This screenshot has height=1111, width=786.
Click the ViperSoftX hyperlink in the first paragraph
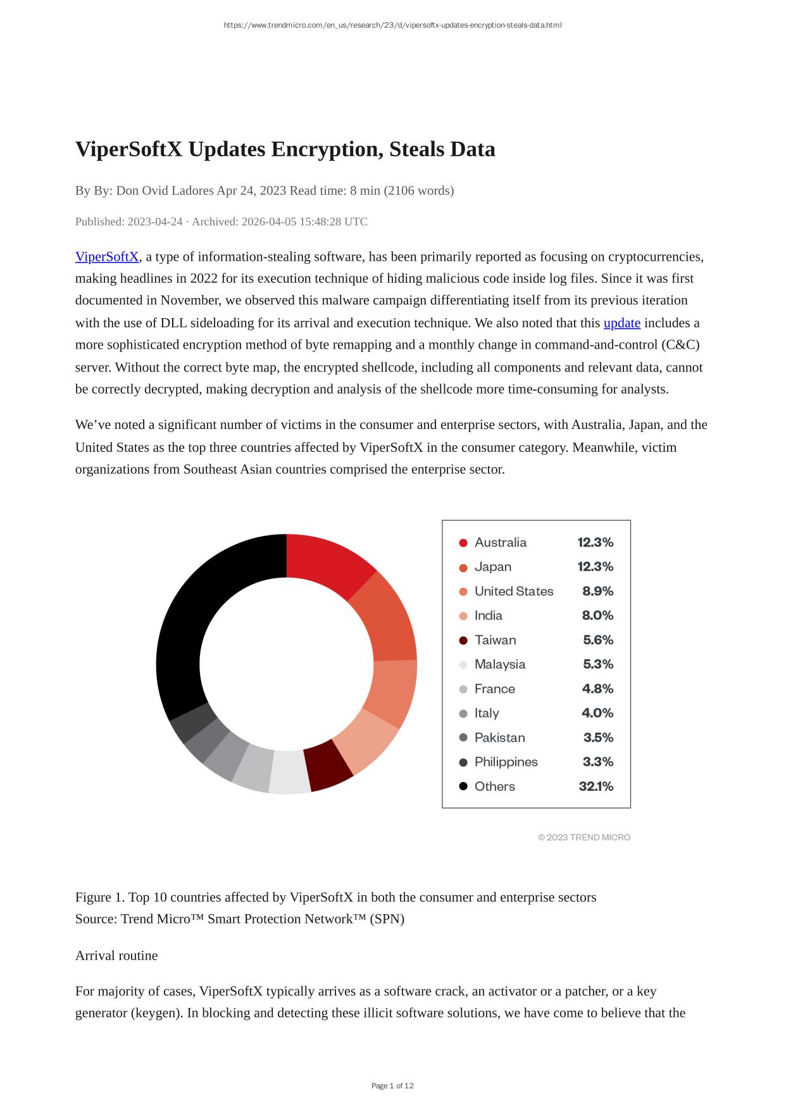(106, 257)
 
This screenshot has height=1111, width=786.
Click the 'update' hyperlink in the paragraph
(621, 323)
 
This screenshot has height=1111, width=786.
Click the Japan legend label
(493, 567)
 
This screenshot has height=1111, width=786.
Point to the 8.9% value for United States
(597, 591)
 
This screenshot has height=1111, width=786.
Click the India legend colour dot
(463, 616)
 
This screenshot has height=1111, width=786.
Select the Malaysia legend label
(500, 664)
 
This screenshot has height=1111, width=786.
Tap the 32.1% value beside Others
(596, 786)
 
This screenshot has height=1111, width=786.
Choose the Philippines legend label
(506, 762)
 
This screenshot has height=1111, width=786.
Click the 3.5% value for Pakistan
(598, 738)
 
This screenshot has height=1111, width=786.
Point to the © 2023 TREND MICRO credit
(584, 838)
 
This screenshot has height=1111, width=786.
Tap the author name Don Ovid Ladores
(165, 190)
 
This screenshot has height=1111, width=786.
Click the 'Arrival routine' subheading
(116, 955)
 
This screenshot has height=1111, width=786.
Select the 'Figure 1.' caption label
(100, 897)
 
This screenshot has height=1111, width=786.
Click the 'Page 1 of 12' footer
(392, 1086)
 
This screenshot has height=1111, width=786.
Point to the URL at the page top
(392, 25)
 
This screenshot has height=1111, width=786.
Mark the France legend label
(495, 689)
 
